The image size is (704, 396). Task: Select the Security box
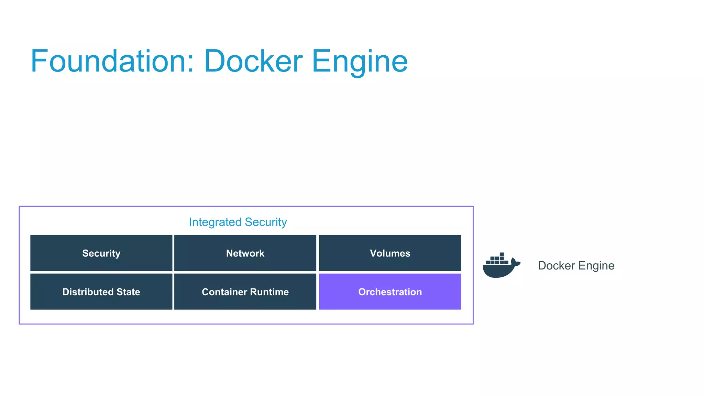click(101, 253)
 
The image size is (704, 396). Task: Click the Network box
click(245, 253)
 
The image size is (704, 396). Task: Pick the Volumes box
click(390, 253)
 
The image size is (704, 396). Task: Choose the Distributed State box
click(101, 292)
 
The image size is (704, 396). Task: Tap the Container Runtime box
click(245, 292)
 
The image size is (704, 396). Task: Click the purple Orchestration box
click(390, 292)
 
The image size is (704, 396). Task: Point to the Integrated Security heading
click(238, 222)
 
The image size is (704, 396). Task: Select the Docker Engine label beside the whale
click(576, 266)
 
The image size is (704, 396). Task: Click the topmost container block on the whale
click(502, 254)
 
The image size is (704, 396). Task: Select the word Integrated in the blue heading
click(215, 222)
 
